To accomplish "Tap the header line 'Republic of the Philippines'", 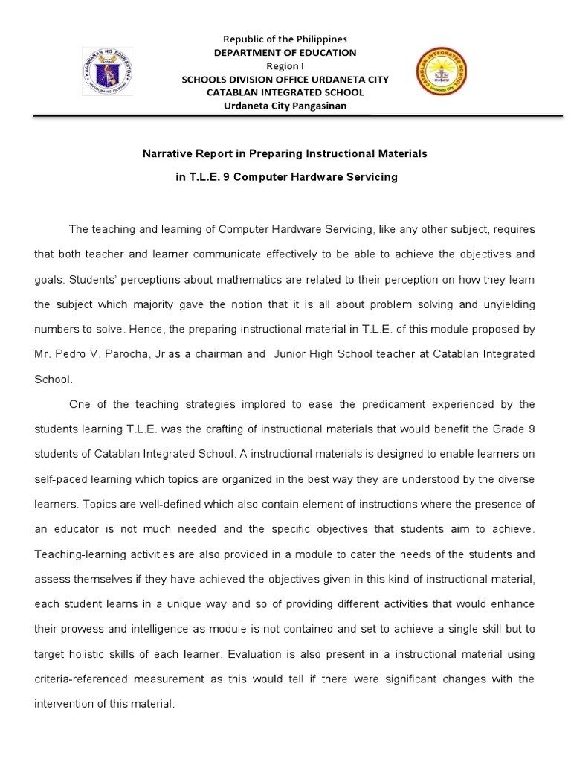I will tap(285, 39).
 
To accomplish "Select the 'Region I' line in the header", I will tap(285, 65).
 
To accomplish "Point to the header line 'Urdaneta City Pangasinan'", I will tap(285, 106).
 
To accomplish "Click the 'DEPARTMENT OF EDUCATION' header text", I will tap(285, 52).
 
